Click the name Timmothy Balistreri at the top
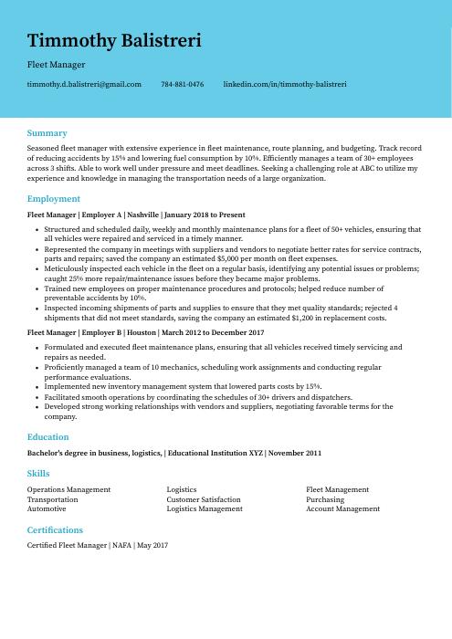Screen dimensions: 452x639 [114, 41]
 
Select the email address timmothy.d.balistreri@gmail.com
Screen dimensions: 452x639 [84, 84]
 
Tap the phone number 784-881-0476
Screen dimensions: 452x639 [182, 84]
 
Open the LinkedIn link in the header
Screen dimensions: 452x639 [284, 84]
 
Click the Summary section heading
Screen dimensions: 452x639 [47, 133]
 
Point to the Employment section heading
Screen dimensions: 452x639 [54, 198]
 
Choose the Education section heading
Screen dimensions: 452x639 [48, 437]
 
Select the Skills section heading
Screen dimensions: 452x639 [38, 474]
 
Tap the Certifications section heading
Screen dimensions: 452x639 [55, 529]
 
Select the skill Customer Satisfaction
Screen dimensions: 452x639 [204, 499]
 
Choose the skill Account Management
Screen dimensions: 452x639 [342, 509]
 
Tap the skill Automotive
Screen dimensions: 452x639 [47, 509]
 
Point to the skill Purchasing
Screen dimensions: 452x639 [325, 499]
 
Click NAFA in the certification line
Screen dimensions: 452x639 [121, 545]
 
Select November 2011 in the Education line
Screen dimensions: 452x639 [296, 453]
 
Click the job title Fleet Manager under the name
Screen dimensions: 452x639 [57, 65]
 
